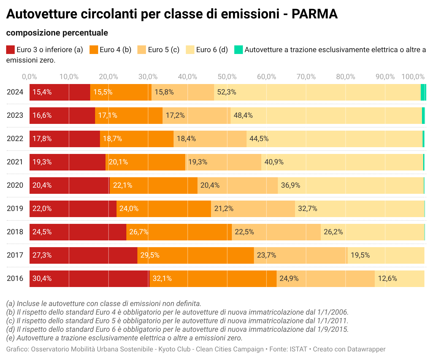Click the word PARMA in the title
[314, 14]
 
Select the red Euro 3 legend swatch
[10, 50]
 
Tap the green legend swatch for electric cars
[238, 50]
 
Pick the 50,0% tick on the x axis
[227, 77]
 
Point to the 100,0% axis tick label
[413, 77]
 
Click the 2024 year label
[15, 92]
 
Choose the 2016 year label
[15, 278]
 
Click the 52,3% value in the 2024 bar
[226, 92]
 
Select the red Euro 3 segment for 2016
[89, 278]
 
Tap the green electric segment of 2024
[423, 92]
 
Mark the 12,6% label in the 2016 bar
[387, 278]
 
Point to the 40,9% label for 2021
[274, 162]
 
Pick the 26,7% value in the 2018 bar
[139, 232]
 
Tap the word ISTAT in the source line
[298, 349]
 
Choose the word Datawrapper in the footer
[367, 349]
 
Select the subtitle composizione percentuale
[57, 33]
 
